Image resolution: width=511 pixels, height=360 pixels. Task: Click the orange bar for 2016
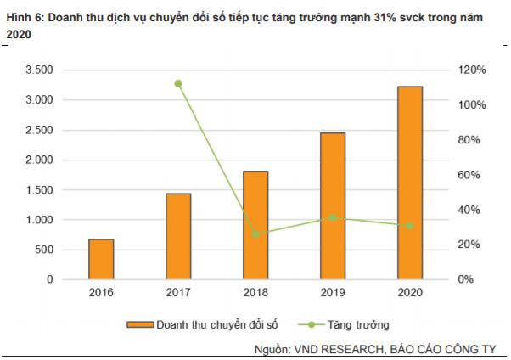coord(101,259)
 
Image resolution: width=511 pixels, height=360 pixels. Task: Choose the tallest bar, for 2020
coord(410,183)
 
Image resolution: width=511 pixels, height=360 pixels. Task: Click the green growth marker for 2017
coord(178,83)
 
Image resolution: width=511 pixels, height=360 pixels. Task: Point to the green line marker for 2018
coord(255,233)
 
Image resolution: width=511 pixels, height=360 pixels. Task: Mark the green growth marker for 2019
coord(333,218)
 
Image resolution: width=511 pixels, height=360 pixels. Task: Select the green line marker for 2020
coord(410,226)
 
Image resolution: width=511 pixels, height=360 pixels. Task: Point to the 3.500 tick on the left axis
coord(40,70)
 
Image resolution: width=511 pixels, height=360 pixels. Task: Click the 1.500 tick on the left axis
coord(40,190)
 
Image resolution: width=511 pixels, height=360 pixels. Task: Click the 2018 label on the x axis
coord(255,293)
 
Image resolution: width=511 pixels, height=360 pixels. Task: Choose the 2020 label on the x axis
coord(410,293)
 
